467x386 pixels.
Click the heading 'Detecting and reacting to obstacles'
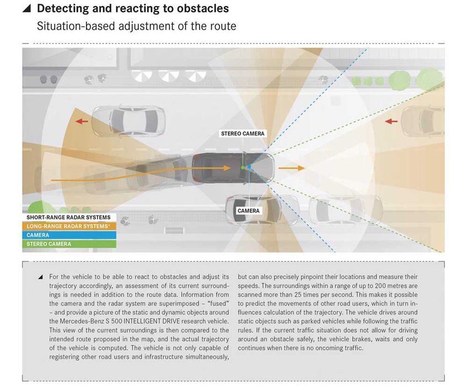pos(132,9)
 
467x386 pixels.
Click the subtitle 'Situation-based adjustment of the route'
pos(136,26)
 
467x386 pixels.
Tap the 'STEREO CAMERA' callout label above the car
pos(243,133)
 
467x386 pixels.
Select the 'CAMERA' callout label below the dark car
pos(248,211)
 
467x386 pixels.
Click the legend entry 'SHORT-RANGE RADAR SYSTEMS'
pos(68,217)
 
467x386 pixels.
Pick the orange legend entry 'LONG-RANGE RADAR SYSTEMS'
pos(68,226)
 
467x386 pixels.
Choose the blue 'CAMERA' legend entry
pos(38,235)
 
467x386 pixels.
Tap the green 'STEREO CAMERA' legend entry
pos(49,244)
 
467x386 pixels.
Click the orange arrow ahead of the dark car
pos(291,168)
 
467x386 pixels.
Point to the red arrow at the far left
pos(81,121)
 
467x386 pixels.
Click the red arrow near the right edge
pos(391,121)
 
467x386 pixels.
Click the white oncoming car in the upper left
pos(128,121)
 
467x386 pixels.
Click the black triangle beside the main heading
pos(26,9)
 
